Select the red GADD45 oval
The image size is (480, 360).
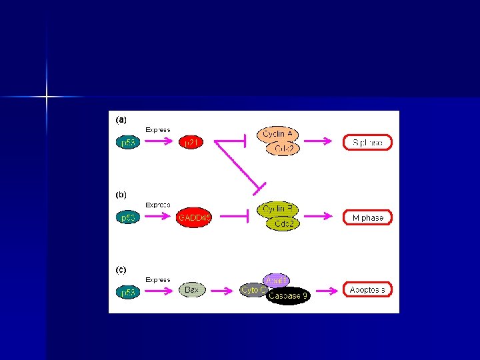[x=194, y=217]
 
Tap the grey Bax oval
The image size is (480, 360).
[x=193, y=290]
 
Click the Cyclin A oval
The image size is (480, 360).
[x=278, y=134]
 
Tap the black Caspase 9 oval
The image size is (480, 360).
[x=288, y=296]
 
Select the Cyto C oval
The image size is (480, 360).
[x=252, y=290]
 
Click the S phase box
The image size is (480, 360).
[x=367, y=142]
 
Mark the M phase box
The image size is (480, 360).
[x=367, y=217]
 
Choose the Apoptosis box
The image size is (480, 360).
[x=367, y=290]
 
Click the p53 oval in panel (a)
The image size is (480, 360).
[x=127, y=142]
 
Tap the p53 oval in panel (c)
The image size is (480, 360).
[x=127, y=292]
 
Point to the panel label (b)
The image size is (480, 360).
[x=121, y=195]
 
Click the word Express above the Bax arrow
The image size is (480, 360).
[x=158, y=280]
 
